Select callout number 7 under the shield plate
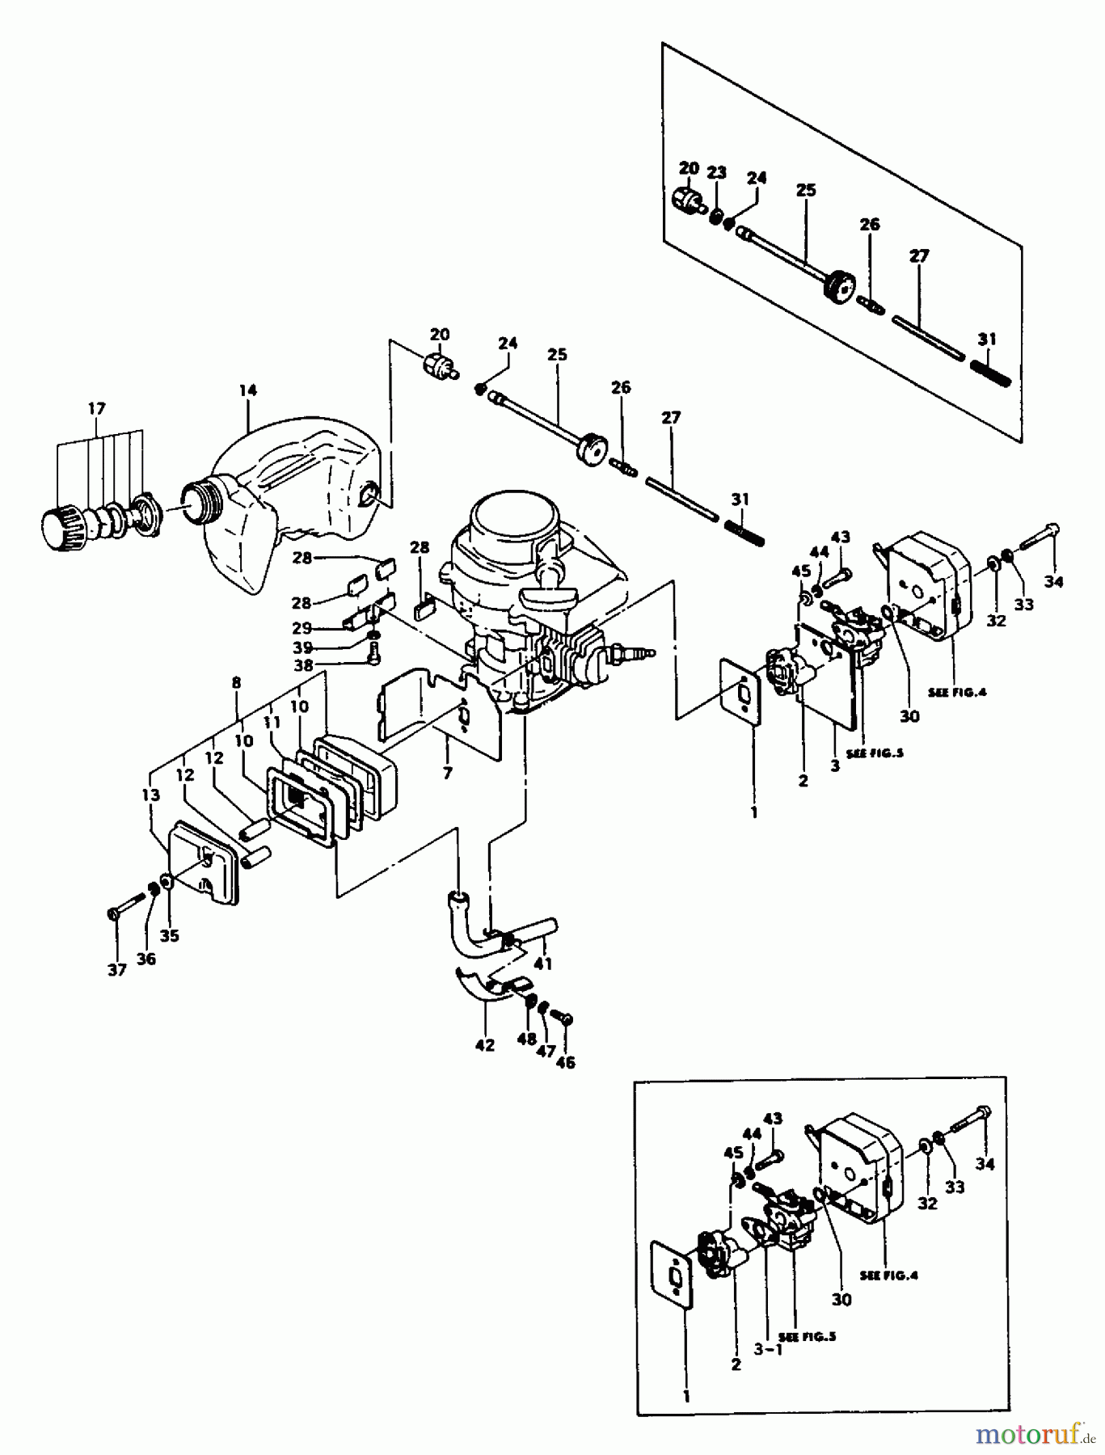pyautogui.click(x=447, y=773)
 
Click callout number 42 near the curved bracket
pyautogui.click(x=484, y=1045)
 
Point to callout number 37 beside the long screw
pyautogui.click(x=117, y=969)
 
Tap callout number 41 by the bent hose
pyautogui.click(x=543, y=963)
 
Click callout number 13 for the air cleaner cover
pyautogui.click(x=150, y=795)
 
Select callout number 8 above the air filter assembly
pyautogui.click(x=236, y=682)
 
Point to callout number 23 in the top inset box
pyautogui.click(x=717, y=172)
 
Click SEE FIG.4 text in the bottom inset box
pyautogui.click(x=888, y=1275)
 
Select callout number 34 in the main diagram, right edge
pyautogui.click(x=1053, y=580)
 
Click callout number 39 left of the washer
pyautogui.click(x=303, y=647)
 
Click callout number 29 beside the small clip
pyautogui.click(x=302, y=628)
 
